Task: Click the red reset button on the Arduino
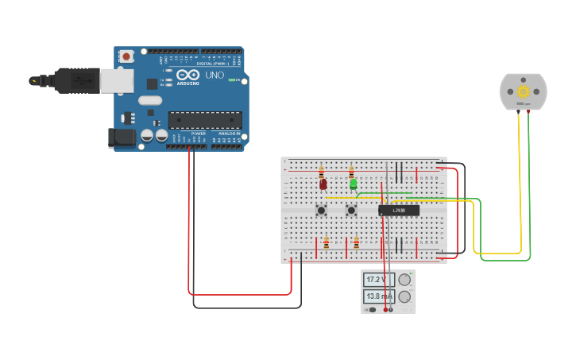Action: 126,56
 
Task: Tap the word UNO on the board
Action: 215,74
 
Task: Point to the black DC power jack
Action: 121,137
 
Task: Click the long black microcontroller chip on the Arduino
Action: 205,120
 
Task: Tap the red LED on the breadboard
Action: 323,184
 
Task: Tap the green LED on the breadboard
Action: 354,184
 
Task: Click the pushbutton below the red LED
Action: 322,211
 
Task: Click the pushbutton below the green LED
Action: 351,211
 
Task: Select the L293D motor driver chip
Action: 399,211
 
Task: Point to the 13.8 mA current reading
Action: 379,296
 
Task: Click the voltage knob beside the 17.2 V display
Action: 405,280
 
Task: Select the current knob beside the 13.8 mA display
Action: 405,297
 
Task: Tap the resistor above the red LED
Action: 321,171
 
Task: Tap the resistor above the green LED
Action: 351,171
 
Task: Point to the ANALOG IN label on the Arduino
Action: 229,133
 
